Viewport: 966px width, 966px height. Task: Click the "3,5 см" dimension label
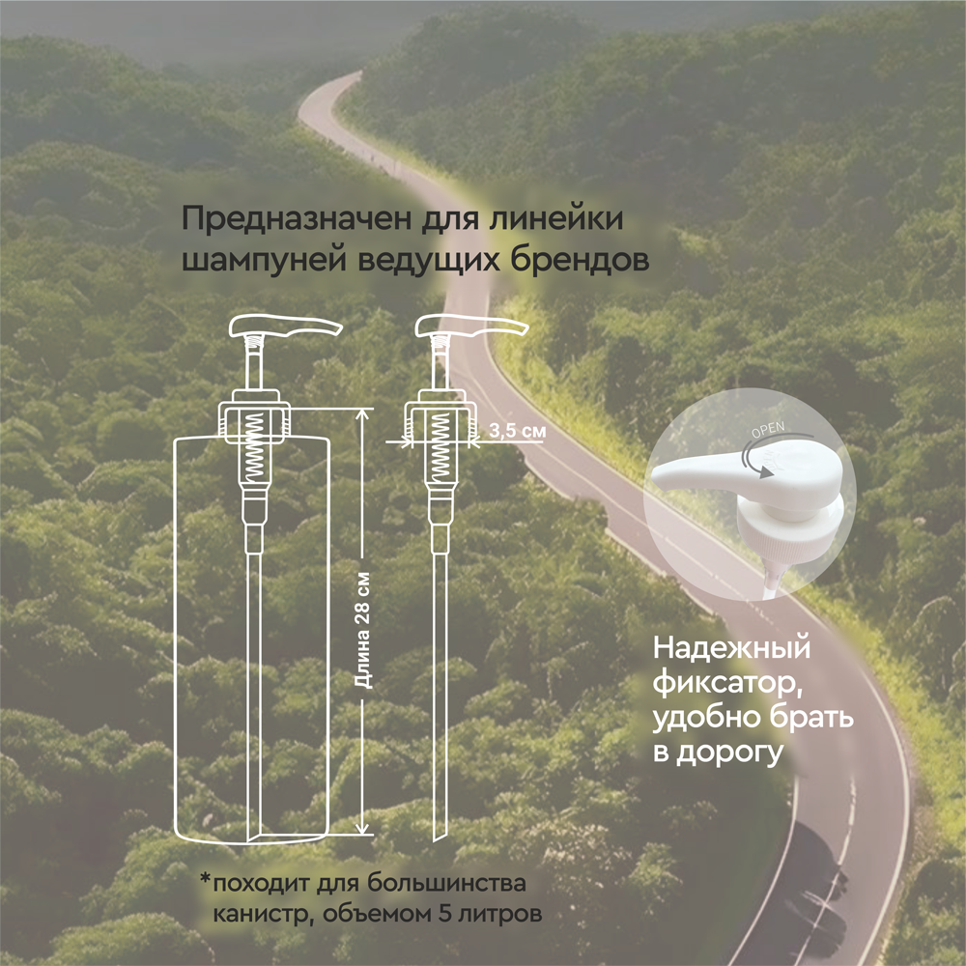516,432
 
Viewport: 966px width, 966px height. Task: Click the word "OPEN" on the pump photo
769,429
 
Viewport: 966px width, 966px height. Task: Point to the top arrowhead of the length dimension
364,413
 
